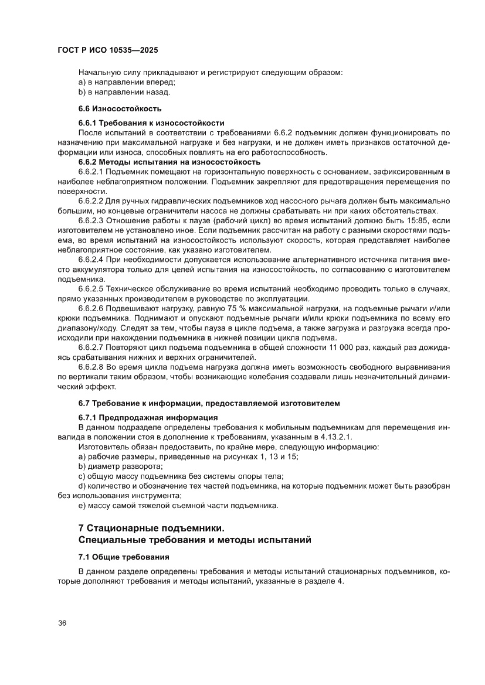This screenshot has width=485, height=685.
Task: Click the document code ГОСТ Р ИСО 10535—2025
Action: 107,50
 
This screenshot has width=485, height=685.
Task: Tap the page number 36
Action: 63,623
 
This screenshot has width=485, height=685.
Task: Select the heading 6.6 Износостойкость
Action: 120,108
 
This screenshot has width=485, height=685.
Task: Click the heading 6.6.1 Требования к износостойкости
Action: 151,123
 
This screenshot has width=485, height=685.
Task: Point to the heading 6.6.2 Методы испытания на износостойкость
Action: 169,162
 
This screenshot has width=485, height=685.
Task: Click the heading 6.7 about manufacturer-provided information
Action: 209,403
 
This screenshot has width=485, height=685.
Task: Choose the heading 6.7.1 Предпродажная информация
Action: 148,418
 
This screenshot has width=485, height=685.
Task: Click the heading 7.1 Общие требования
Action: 124,556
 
